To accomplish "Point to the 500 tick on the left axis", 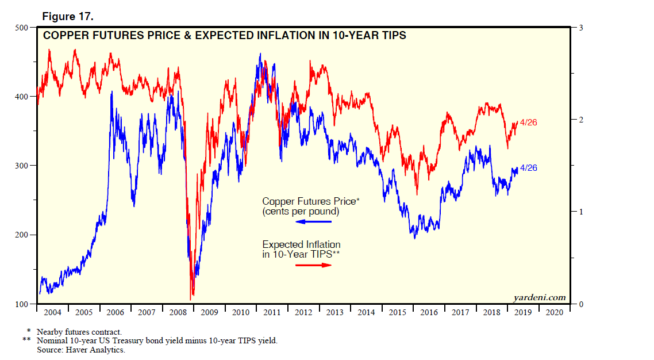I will [22, 28].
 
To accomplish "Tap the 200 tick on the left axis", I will [22, 235].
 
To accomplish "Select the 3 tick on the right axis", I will [582, 28].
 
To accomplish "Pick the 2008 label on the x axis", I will [178, 312].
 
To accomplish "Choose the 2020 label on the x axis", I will [555, 312].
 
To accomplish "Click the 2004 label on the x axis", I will [52, 312].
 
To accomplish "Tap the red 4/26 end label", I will [528, 122].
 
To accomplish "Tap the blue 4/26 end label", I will [528, 168].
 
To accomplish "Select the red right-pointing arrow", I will [314, 265].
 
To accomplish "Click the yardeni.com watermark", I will [539, 297].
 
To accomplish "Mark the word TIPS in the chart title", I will [394, 36].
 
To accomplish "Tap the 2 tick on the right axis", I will [582, 120].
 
